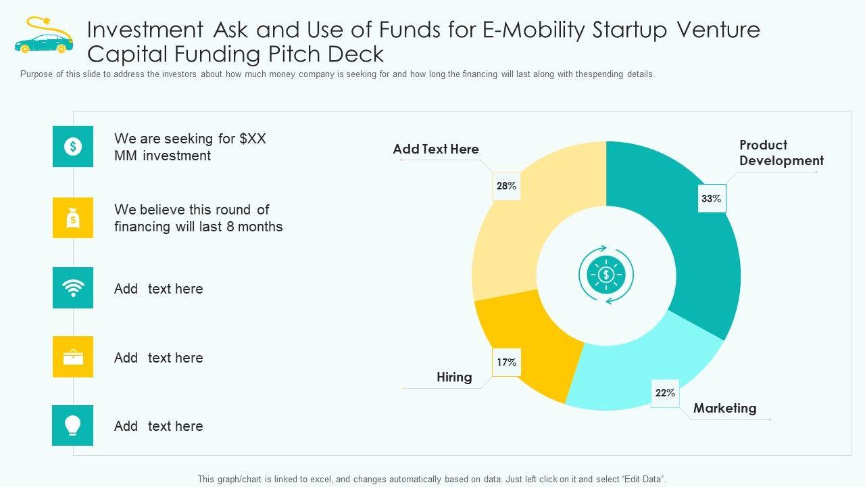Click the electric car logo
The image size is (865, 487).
[43, 37]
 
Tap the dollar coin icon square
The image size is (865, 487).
[73, 146]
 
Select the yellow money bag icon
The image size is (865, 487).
[73, 218]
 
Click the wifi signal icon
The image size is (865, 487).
[73, 288]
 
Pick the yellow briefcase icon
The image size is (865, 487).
[73, 357]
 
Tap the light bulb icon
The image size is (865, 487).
[73, 425]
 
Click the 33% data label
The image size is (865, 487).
[712, 199]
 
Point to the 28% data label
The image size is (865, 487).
[506, 186]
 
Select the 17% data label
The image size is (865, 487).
[506, 363]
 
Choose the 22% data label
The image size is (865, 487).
[665, 393]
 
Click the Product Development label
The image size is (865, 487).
[781, 153]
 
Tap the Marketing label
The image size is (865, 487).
[724, 408]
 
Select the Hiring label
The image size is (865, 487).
[454, 377]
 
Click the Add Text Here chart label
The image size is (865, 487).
[436, 149]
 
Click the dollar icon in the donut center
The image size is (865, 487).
[606, 275]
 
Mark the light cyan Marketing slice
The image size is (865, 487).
[642, 372]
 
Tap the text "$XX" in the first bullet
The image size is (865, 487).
[253, 139]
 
